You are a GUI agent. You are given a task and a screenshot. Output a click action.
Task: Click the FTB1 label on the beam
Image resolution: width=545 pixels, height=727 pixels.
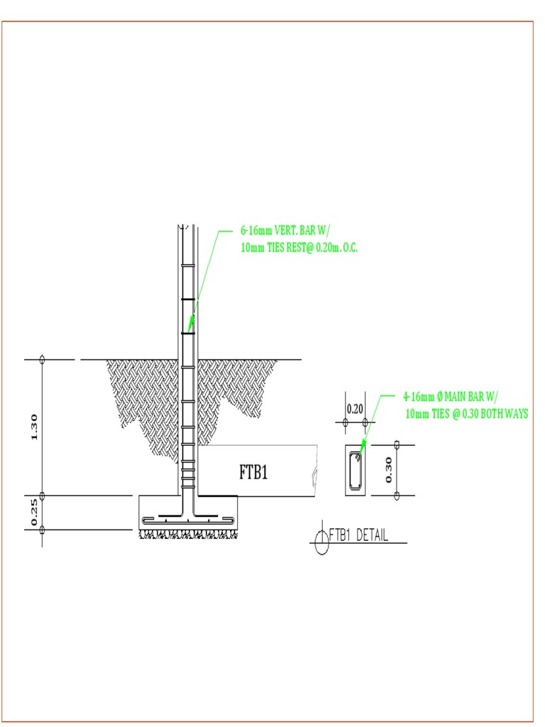253,473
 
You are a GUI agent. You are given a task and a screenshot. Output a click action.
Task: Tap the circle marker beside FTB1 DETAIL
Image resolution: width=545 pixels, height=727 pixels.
321,542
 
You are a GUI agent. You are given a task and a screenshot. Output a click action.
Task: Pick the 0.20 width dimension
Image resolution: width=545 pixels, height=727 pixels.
354,409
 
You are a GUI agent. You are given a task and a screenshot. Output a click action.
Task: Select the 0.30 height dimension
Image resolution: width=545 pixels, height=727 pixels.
387,469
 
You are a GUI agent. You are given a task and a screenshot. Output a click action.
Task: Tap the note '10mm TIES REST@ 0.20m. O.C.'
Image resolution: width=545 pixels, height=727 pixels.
299,248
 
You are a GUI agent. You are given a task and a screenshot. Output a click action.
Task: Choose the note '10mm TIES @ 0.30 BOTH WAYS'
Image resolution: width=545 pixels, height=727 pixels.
466,414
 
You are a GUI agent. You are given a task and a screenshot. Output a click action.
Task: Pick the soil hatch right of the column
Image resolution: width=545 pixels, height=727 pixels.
234,387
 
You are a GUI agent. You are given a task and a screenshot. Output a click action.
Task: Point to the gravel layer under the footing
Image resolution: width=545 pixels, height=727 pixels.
187,533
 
